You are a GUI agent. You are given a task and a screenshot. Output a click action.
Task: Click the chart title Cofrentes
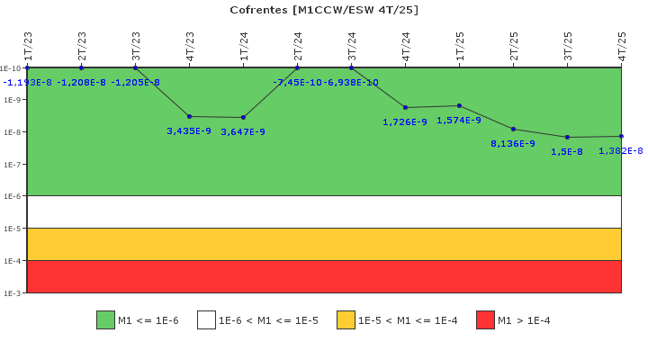pos(258,10)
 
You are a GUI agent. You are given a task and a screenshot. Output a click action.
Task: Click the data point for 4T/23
pos(189,117)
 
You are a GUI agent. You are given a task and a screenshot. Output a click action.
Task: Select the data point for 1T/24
pos(243,117)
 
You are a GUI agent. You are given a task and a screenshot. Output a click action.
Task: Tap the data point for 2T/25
pos(513,130)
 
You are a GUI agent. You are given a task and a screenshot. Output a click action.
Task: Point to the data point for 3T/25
pos(567,137)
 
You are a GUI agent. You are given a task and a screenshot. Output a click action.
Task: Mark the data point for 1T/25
pos(460,106)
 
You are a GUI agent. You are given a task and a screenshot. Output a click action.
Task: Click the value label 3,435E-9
pos(189,131)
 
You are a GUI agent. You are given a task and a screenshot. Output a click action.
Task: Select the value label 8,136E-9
pos(513,143)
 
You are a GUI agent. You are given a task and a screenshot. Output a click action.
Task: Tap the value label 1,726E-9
pos(405,121)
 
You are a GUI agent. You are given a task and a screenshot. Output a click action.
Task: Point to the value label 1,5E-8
pos(567,152)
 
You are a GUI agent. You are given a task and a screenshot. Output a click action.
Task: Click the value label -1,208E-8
pos(81,82)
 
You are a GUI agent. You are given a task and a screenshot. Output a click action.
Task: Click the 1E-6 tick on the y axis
pos(25,196)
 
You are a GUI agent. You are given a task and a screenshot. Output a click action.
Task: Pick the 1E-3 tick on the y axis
pos(25,293)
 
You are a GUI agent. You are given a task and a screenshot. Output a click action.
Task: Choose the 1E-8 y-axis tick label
pos(12,132)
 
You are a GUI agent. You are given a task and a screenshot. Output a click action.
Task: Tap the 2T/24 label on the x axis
pos(298,46)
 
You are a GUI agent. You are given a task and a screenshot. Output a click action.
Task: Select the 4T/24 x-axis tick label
pos(405,46)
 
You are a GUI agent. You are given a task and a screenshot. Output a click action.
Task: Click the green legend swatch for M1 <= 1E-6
pos(105,320)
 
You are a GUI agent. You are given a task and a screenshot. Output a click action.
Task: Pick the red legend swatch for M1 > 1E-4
pos(485,320)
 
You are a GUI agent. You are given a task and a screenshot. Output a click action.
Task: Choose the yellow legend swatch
pos(346,320)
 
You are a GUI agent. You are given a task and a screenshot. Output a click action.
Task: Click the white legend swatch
pos(206,320)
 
